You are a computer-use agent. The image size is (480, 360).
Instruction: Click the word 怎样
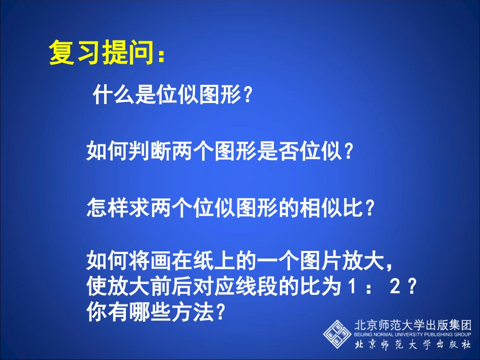[103, 208]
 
